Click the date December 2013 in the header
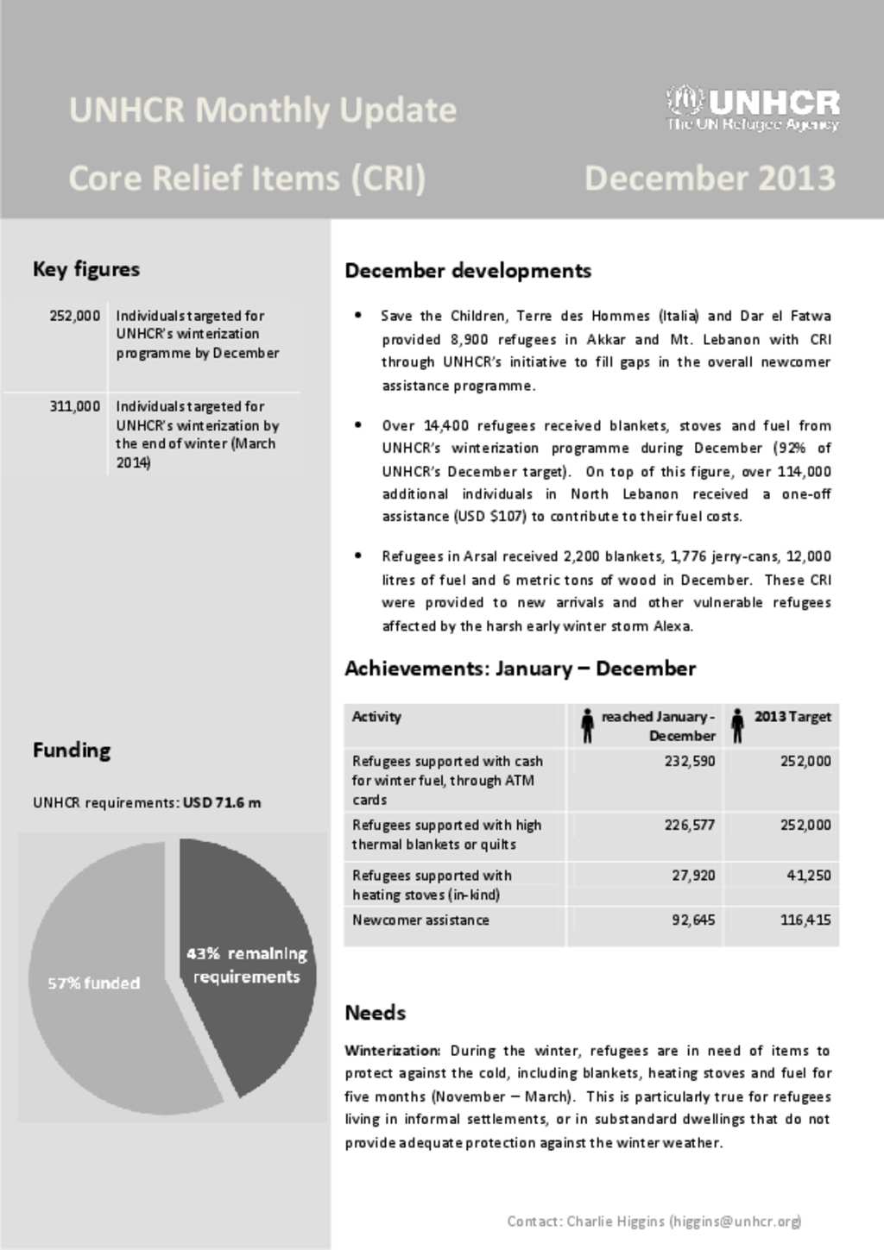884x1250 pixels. pyautogui.click(x=710, y=178)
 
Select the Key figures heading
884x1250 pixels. pyautogui.click(x=85, y=269)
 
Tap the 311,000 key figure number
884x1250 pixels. pyautogui.click(x=74, y=405)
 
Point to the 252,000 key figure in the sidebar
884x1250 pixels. pyautogui.click(x=74, y=316)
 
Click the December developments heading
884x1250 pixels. pyautogui.click(x=467, y=271)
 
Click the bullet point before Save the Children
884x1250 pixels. pyautogui.click(x=357, y=316)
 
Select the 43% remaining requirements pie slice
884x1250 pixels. pyautogui.click(x=246, y=965)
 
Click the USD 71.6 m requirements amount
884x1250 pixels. pyautogui.click(x=222, y=802)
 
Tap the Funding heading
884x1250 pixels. pyautogui.click(x=72, y=750)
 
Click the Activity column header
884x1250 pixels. pyautogui.click(x=376, y=716)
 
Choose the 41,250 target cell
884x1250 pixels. pyautogui.click(x=808, y=875)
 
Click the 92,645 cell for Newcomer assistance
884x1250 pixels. pyautogui.click(x=693, y=920)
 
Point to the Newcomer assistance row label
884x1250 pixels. pyautogui.click(x=420, y=920)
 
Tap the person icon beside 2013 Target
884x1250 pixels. pyautogui.click(x=737, y=725)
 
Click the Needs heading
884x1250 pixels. pyautogui.click(x=375, y=1013)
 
